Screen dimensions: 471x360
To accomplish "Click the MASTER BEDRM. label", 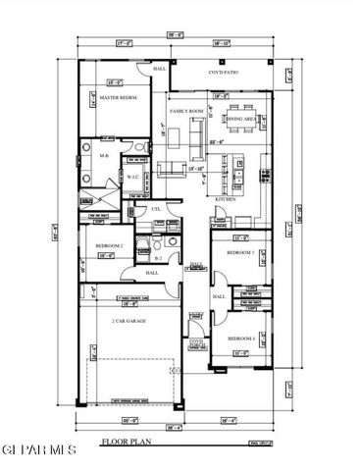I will tap(116, 99).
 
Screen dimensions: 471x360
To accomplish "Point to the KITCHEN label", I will tap(226, 199).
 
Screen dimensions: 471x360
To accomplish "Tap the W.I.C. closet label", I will tap(132, 178).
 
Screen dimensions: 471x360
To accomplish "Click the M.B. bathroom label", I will tap(104, 155).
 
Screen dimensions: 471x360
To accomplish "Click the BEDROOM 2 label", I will tap(108, 245).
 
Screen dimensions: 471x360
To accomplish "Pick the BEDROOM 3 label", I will tap(240, 252).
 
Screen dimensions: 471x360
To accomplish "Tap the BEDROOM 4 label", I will tap(241, 338).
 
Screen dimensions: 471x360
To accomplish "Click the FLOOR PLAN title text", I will tap(124, 443).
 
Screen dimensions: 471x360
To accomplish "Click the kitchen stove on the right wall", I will tap(265, 176).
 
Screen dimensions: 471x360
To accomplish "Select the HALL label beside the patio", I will tap(159, 70).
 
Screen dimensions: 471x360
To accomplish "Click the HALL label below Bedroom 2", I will tap(152, 273).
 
